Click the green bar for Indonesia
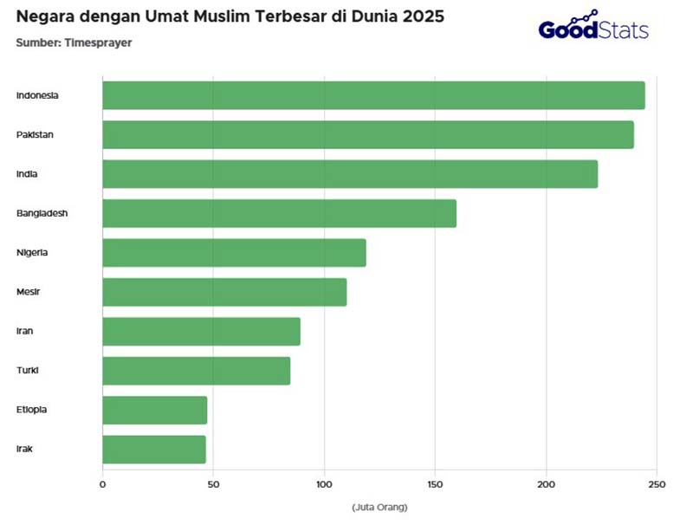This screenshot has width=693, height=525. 373,95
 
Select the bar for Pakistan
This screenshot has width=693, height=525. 368,135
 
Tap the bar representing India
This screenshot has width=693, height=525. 350,174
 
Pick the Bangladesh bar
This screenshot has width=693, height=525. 279,213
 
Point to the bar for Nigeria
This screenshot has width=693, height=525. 234,253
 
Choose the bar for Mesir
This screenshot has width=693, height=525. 224,292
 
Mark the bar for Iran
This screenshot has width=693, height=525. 201,332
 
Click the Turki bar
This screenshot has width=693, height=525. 196,371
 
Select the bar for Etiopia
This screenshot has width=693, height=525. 154,410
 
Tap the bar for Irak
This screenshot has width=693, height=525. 154,450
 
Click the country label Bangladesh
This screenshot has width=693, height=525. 42,213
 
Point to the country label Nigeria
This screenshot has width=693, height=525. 32,253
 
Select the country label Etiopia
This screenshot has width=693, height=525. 32,410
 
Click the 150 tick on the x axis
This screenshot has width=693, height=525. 435,484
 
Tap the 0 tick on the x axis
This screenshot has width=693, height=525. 102,484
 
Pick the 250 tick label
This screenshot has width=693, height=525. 657,484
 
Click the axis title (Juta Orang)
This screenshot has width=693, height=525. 379,507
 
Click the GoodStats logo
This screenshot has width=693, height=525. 593,28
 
